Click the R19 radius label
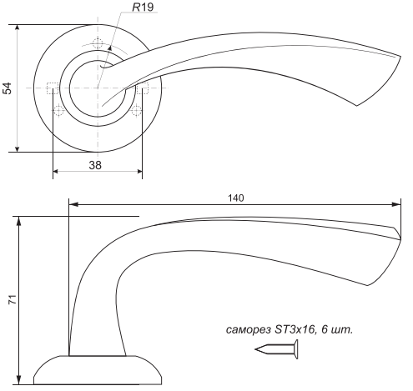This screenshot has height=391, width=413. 143,8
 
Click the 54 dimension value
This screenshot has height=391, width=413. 8,88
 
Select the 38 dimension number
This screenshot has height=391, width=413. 95,165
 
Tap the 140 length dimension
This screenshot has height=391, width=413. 236,198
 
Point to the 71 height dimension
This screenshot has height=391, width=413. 13,299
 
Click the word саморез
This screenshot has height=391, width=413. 249,330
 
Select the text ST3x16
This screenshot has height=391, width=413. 295,329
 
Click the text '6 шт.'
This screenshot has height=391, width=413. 337,330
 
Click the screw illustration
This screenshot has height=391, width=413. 276,349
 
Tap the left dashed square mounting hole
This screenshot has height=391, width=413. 53,88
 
